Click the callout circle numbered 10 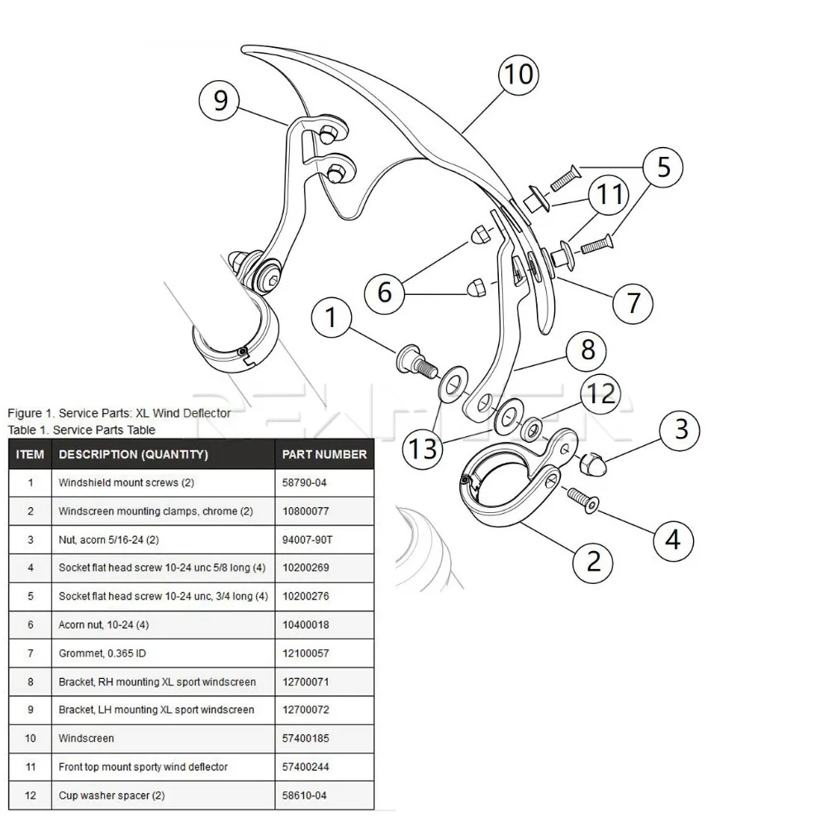coord(520,75)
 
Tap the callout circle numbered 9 coord(220,101)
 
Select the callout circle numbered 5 coord(664,168)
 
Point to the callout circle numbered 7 coord(633,303)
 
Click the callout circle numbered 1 coord(331,318)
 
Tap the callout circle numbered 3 coord(681,430)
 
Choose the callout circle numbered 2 coord(593,562)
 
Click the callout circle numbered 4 coord(673,540)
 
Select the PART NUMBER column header coord(324,454)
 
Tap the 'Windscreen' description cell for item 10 coord(87,738)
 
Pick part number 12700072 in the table coord(305,710)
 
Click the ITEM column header coord(30,454)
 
